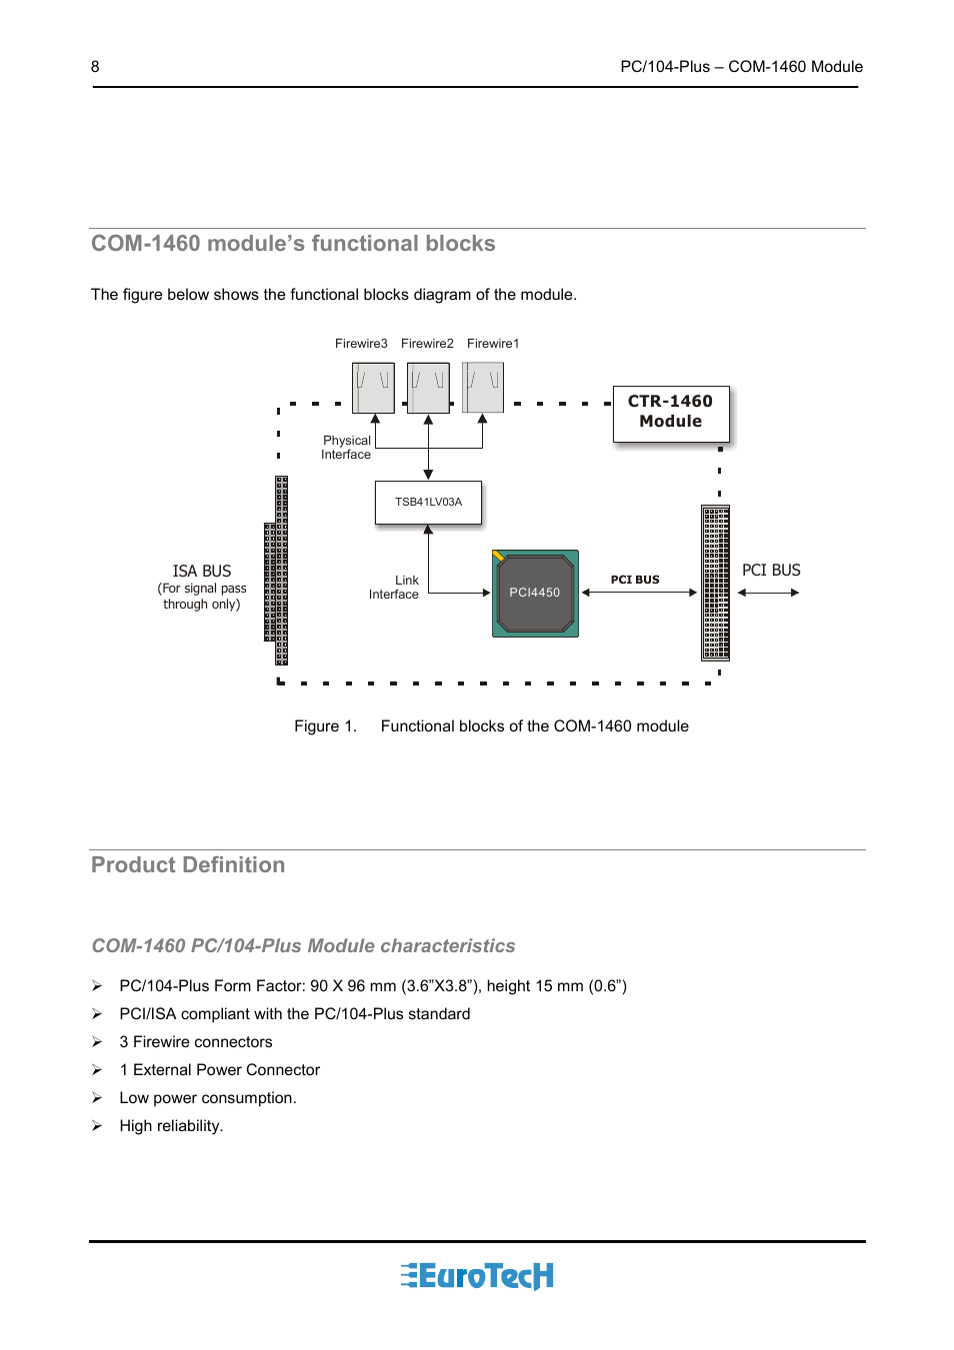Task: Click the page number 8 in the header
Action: (95, 67)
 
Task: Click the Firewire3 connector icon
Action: (373, 388)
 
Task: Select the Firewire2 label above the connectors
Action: (427, 344)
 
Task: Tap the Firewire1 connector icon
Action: (483, 388)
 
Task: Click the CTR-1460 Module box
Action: (670, 413)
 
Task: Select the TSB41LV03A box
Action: (428, 503)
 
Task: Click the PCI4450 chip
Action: (535, 593)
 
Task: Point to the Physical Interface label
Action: (346, 448)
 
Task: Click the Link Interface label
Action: (394, 588)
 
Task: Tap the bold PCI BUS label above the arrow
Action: (635, 580)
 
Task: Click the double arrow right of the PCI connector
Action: (768, 593)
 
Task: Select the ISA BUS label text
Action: (202, 572)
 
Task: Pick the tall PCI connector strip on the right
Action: (715, 583)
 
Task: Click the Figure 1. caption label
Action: (325, 726)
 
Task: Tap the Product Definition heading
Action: (188, 865)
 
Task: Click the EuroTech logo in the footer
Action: (477, 1276)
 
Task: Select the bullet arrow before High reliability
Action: (97, 1126)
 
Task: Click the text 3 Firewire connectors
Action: (196, 1042)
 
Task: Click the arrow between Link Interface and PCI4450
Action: (460, 593)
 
